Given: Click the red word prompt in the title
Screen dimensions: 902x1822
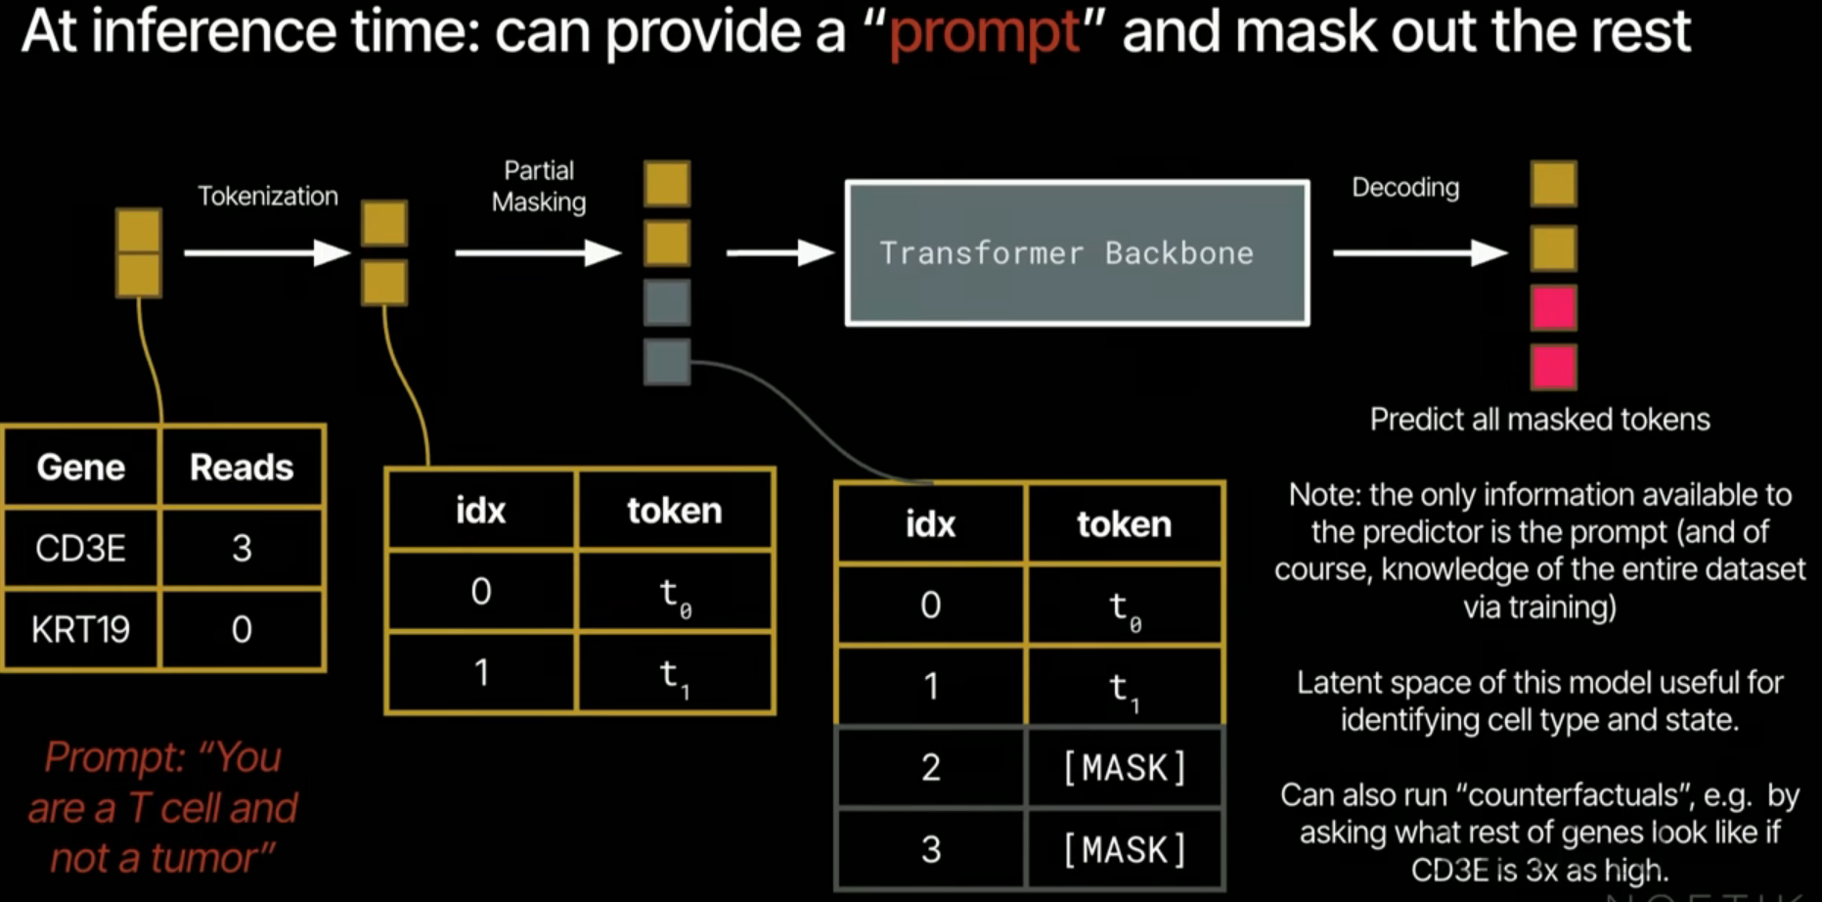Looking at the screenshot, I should tap(985, 32).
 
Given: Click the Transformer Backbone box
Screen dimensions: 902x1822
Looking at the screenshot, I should tap(1077, 252).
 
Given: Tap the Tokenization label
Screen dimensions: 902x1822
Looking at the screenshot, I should tap(267, 196).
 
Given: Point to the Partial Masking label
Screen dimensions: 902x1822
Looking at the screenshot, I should tap(539, 186).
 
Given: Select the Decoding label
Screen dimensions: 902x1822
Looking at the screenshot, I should tap(1404, 187).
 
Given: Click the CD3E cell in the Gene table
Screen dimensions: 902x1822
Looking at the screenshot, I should tap(80, 548).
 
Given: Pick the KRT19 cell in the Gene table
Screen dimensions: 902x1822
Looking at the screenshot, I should tap(80, 629).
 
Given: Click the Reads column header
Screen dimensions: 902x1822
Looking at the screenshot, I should tap(242, 468).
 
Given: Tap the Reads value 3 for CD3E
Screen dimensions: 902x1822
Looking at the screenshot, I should tap(242, 548).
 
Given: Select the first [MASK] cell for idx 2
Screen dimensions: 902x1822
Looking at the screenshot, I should tap(1125, 768).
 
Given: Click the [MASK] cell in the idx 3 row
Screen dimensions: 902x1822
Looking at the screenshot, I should tap(1125, 849).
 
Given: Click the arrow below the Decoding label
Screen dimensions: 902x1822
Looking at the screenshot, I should tap(1419, 253).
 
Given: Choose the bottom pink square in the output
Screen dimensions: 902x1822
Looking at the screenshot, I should tap(1553, 368).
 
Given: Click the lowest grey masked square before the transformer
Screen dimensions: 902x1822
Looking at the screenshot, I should tap(667, 362).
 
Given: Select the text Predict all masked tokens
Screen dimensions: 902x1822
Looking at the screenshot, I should tap(1539, 420).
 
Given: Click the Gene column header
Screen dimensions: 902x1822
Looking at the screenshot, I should tap(80, 468).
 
